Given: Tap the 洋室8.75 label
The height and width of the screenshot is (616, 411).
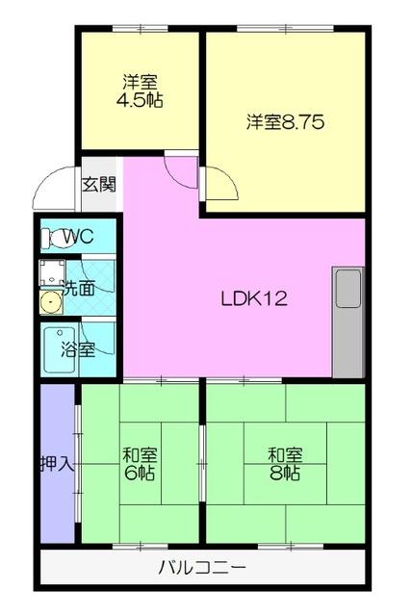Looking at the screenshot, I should [x=284, y=122].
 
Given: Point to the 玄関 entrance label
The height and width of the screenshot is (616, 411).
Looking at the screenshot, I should [x=98, y=184].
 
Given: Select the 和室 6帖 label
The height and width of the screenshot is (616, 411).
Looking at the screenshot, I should [x=141, y=463].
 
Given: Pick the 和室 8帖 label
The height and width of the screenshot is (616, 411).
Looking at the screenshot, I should [x=285, y=463].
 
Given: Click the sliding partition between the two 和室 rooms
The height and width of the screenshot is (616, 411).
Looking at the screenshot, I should [x=202, y=462].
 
